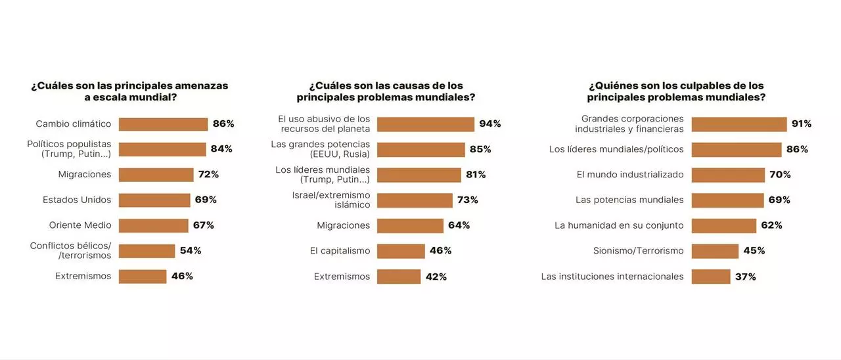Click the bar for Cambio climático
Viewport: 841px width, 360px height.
click(x=163, y=124)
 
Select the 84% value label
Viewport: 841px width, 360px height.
click(x=221, y=149)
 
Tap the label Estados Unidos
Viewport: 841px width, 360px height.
click(x=77, y=200)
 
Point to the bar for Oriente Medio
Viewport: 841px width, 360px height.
click(x=153, y=225)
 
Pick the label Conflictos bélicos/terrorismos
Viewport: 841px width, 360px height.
click(x=70, y=250)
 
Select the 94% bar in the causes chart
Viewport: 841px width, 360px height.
click(x=425, y=124)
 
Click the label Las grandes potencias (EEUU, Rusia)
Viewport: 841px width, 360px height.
click(x=321, y=149)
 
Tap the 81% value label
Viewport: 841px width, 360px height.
click(x=476, y=175)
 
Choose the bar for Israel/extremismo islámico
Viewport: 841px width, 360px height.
click(x=415, y=200)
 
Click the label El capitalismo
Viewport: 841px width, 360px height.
click(x=340, y=250)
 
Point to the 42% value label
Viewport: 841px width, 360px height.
click(x=436, y=277)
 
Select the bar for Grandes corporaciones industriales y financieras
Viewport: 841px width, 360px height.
click(x=739, y=124)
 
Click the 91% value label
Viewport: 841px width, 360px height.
click(x=801, y=124)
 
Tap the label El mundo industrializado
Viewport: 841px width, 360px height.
click(x=629, y=175)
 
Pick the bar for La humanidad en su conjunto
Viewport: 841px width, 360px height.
click(x=724, y=225)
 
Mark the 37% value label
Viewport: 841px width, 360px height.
click(x=746, y=277)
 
